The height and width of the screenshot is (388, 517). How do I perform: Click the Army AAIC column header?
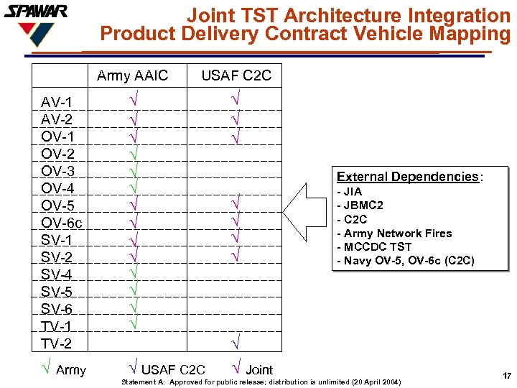132,76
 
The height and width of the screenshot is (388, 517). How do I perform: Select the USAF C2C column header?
236,76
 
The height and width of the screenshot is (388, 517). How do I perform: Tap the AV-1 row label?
57,102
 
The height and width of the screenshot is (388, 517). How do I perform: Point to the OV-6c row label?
61,223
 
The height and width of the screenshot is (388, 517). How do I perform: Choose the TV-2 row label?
57,343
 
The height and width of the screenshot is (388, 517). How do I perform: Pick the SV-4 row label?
57,274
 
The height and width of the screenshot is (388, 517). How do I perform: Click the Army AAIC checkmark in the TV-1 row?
134,323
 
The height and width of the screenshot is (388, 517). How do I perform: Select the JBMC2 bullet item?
360,205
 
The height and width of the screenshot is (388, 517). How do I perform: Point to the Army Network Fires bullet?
394,234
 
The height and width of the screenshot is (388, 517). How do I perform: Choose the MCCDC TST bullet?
374,247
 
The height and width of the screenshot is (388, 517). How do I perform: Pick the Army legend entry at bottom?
64,370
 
